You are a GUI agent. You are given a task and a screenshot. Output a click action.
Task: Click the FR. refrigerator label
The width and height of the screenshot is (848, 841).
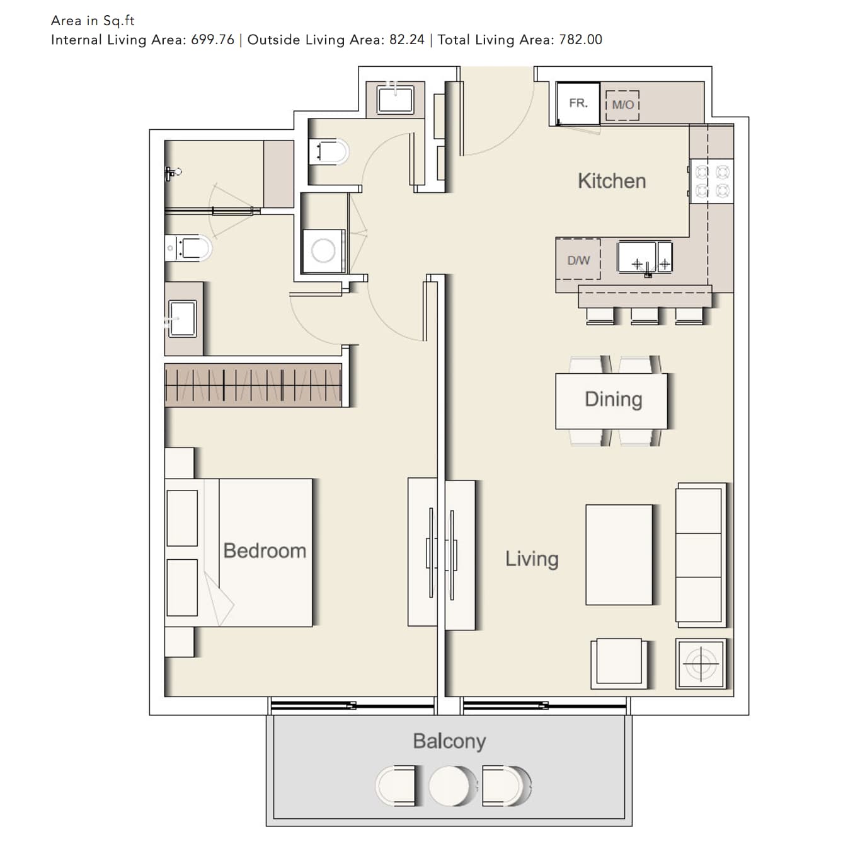[578, 103]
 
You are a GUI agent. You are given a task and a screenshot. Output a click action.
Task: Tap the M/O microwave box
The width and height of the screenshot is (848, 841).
[622, 105]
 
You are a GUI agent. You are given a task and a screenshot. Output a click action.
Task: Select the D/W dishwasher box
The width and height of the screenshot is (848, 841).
[578, 260]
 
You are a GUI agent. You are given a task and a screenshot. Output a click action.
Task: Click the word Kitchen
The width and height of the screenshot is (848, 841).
[612, 181]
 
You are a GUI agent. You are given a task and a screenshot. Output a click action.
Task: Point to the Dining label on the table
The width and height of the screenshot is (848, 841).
[613, 400]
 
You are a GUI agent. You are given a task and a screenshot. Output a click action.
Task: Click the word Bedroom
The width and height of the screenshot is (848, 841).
[265, 550]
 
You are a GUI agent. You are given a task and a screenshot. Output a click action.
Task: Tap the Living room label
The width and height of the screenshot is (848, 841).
[532, 559]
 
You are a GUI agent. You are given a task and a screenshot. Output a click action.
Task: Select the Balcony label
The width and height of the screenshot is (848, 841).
[449, 741]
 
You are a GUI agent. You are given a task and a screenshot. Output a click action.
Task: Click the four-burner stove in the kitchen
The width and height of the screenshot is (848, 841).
[711, 181]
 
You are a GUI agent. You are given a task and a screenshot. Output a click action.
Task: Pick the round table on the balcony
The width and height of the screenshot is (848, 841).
[449, 786]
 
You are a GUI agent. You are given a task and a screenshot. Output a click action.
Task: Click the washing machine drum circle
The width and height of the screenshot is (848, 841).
[323, 251]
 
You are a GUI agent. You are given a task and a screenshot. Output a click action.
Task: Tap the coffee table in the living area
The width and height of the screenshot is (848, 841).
[619, 555]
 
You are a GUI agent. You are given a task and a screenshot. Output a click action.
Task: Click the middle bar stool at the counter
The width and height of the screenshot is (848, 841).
[645, 315]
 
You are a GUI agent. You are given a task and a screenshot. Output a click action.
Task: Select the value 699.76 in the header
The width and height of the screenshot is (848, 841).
[212, 40]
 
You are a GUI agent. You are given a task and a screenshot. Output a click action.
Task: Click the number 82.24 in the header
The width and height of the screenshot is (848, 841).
[406, 40]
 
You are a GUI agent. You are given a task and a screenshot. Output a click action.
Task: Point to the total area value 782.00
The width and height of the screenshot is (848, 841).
[580, 40]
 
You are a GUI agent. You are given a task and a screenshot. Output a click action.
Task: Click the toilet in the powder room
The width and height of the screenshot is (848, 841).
[328, 152]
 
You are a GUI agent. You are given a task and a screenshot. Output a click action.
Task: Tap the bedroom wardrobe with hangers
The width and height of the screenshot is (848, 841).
[253, 385]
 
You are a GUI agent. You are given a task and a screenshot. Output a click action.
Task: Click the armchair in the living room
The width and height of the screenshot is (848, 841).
[619, 663]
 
